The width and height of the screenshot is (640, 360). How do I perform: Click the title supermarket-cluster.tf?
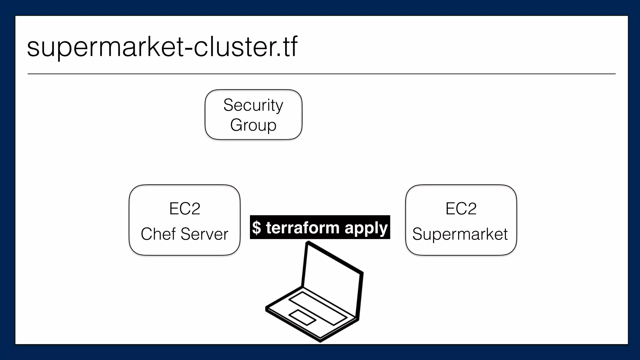162,47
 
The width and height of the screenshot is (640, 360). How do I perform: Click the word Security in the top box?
253,105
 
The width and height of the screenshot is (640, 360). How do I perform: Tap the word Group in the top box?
253,125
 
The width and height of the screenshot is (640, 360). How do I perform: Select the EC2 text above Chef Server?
184,208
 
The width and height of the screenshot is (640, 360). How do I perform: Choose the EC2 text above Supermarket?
461,208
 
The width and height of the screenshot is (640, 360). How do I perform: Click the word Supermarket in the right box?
460,234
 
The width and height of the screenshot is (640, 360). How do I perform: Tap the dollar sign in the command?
256,227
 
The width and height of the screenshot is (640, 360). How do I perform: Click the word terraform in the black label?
302,227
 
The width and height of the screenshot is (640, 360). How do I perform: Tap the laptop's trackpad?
302,317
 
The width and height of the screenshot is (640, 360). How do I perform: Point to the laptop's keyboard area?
317,307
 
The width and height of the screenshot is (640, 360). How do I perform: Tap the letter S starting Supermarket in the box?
417,234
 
